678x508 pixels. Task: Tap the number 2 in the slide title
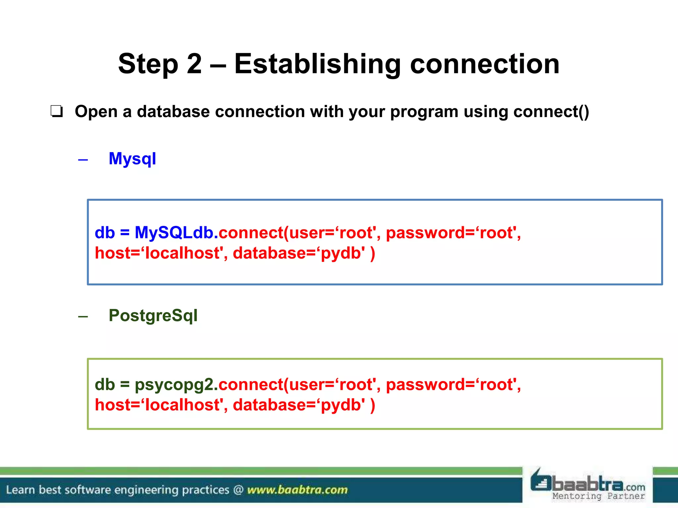click(194, 64)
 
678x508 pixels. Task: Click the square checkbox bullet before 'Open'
click(56, 111)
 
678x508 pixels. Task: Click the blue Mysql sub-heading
click(132, 159)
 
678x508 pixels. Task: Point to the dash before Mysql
click(83, 160)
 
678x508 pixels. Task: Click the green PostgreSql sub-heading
click(153, 316)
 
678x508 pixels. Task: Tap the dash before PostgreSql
click(83, 317)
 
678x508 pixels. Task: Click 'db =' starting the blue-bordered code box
click(112, 233)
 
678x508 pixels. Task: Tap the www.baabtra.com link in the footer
click(297, 490)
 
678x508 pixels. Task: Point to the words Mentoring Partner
click(599, 496)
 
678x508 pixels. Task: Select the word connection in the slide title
click(485, 64)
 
